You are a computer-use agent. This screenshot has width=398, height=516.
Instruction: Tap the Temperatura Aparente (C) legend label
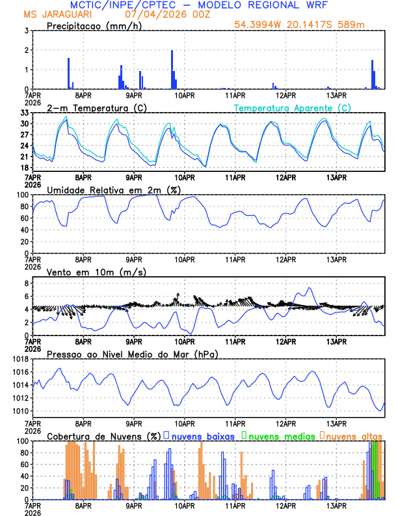coord(292,107)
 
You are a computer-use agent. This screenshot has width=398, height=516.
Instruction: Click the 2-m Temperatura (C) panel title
coord(91,107)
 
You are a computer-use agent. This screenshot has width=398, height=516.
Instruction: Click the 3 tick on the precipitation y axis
coord(26,31)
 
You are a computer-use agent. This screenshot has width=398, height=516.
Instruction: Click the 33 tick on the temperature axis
coord(23,113)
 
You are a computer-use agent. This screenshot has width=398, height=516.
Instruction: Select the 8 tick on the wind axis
coord(26,283)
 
